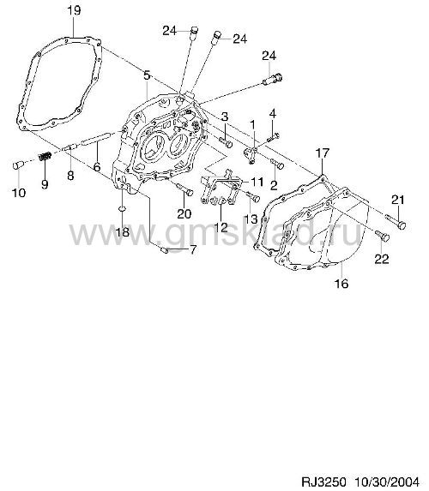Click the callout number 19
coord(74,10)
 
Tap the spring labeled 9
coord(45,156)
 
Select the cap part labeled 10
coord(19,165)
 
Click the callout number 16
coord(341,284)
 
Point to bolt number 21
coord(396,221)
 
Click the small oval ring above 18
coord(122,208)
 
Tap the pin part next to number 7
coord(165,250)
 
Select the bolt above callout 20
coord(184,189)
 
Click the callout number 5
coord(147,75)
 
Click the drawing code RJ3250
coord(323,482)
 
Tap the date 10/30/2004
coord(387,482)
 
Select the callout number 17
coord(323,153)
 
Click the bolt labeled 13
coord(253,196)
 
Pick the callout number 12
coord(221,227)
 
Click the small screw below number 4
coord(274,136)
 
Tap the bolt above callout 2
coord(277,164)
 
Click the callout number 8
coord(70,175)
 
